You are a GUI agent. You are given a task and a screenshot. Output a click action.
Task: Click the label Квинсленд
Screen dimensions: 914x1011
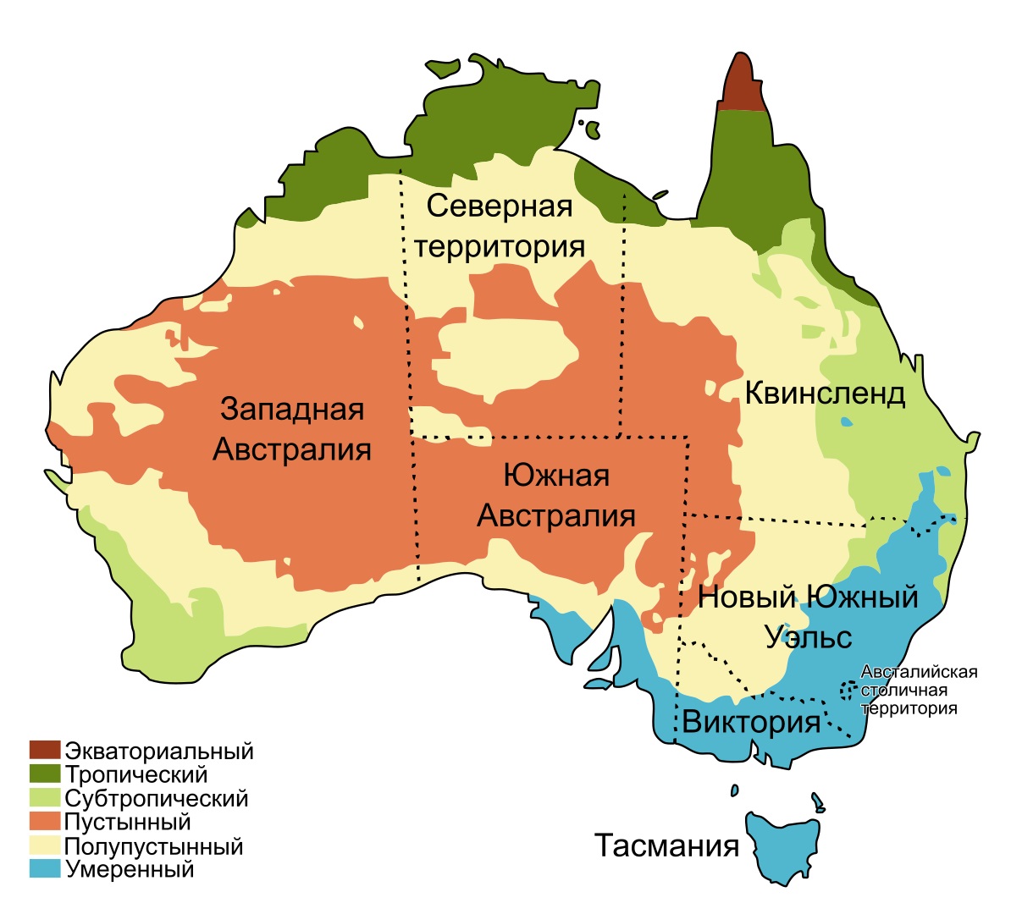tap(825, 394)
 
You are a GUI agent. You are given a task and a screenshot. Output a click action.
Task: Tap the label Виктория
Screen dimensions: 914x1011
tap(751, 722)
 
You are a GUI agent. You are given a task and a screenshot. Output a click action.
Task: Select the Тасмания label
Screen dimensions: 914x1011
tap(666, 845)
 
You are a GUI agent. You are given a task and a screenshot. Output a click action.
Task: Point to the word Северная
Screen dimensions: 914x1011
tap(500, 206)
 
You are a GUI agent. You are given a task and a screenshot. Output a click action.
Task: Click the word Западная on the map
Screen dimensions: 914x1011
tap(292, 409)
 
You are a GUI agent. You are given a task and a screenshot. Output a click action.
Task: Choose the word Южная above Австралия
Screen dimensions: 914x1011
tap(556, 476)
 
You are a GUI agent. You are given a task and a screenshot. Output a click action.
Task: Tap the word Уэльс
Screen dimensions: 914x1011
tap(809, 636)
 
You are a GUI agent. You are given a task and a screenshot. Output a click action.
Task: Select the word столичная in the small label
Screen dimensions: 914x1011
tap(903, 691)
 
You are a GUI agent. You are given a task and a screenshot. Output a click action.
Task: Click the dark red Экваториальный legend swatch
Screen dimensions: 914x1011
tap(45, 750)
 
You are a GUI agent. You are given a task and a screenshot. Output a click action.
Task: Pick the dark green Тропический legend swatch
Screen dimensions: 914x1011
tap(45, 774)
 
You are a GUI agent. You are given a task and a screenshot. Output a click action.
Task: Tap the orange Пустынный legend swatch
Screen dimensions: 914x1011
tap(45, 821)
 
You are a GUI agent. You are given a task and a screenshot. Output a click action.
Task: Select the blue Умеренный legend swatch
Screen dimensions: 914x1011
tap(45, 868)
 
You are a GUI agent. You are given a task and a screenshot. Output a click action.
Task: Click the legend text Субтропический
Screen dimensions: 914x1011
tap(157, 798)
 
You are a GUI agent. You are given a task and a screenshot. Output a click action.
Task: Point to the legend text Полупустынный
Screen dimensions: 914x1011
tap(153, 845)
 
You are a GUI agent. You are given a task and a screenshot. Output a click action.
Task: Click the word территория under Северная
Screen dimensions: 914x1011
tap(500, 246)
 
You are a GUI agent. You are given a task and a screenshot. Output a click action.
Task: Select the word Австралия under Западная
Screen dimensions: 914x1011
tap(292, 449)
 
